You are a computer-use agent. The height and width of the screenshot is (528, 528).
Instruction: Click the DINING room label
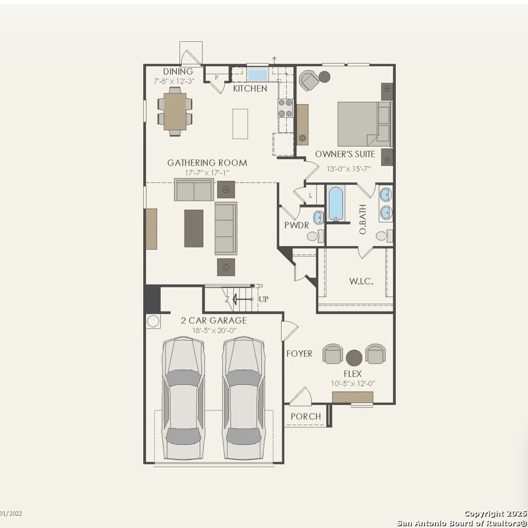tap(178, 72)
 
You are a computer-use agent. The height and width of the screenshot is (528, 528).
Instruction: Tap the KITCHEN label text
tap(250, 89)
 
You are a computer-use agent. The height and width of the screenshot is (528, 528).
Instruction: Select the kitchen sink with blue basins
tap(257, 74)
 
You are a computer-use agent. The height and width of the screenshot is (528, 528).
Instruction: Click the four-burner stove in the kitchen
tap(285, 108)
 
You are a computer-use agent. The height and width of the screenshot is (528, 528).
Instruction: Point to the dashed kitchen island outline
tap(240, 124)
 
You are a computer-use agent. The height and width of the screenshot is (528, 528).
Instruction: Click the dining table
tap(175, 112)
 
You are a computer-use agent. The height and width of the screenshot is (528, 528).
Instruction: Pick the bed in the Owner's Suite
tap(365, 124)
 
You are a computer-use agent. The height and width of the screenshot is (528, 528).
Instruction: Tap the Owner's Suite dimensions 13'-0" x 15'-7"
tap(349, 169)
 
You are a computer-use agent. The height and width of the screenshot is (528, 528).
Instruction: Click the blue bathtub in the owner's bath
tap(336, 204)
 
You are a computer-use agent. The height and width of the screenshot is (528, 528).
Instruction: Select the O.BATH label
tap(363, 219)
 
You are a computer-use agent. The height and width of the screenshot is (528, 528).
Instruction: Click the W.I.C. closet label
tap(361, 281)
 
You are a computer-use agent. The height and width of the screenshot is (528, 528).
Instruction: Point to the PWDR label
tap(296, 226)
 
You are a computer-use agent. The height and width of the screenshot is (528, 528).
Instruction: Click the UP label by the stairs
tap(263, 299)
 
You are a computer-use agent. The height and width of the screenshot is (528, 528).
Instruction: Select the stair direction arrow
tap(242, 299)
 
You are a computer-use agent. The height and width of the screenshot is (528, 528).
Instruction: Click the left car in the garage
tap(183, 398)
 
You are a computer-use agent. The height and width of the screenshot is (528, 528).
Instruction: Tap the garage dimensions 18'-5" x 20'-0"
tap(215, 330)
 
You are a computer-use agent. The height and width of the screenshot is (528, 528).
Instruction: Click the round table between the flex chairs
tap(354, 358)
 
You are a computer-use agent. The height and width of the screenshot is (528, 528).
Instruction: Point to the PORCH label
tap(306, 416)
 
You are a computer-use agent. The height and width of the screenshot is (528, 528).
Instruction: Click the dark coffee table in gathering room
tap(193, 229)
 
